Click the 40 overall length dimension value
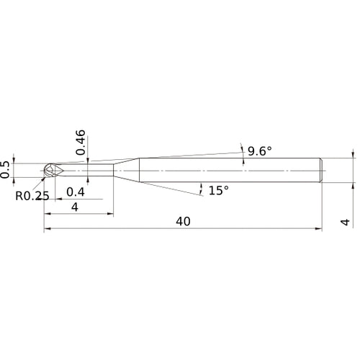coord(183,222)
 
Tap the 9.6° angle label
coord(260,151)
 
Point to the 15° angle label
coord(217,190)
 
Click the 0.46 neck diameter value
coord(81,143)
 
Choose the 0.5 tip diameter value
coord(6,168)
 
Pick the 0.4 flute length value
coord(74,192)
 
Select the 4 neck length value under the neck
coord(76,207)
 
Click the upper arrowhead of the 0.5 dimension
coord(17,163)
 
